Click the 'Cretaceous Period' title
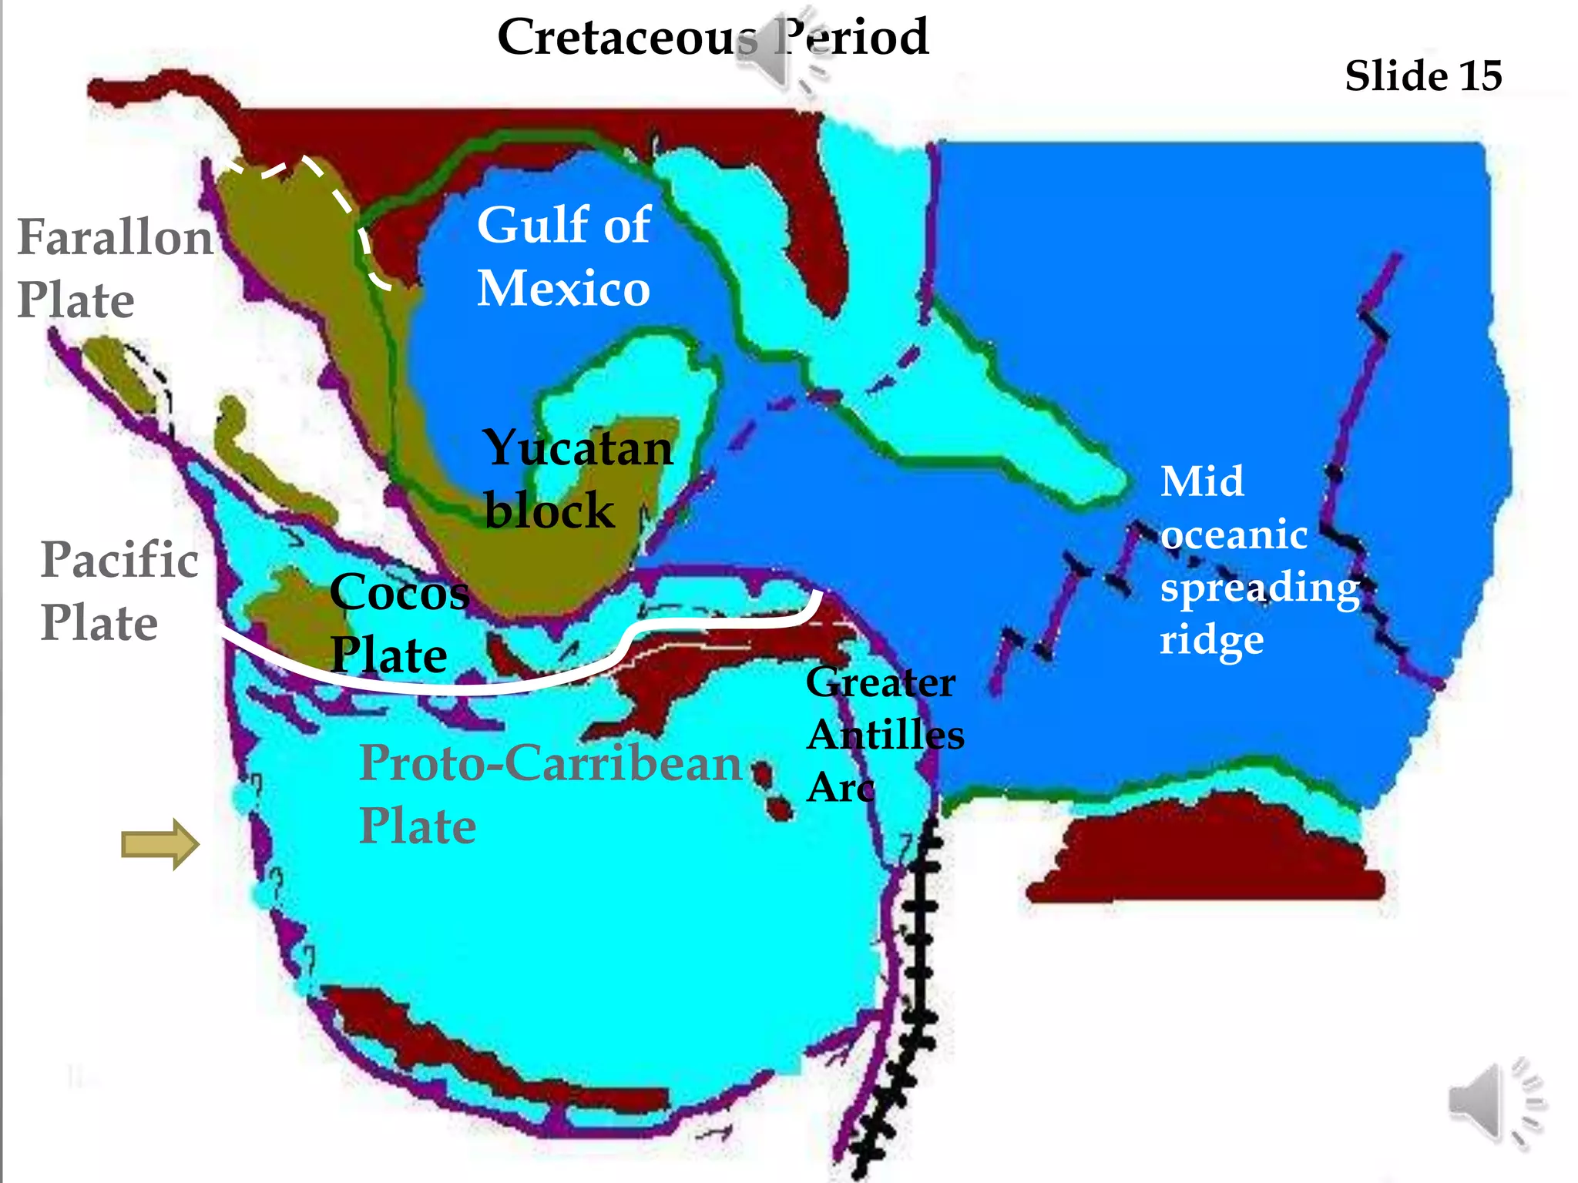(x=713, y=37)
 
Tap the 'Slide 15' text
(x=1423, y=76)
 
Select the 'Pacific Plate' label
(x=119, y=590)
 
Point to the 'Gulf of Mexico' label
(x=564, y=256)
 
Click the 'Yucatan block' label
(x=577, y=479)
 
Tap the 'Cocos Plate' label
(x=399, y=622)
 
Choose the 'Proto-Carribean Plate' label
(x=550, y=793)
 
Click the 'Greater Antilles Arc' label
(x=885, y=734)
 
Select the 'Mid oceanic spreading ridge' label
(x=1260, y=560)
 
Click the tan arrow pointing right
(x=160, y=844)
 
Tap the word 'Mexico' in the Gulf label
(x=564, y=289)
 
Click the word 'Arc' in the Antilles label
(x=841, y=787)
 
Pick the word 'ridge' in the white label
(x=1212, y=639)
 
